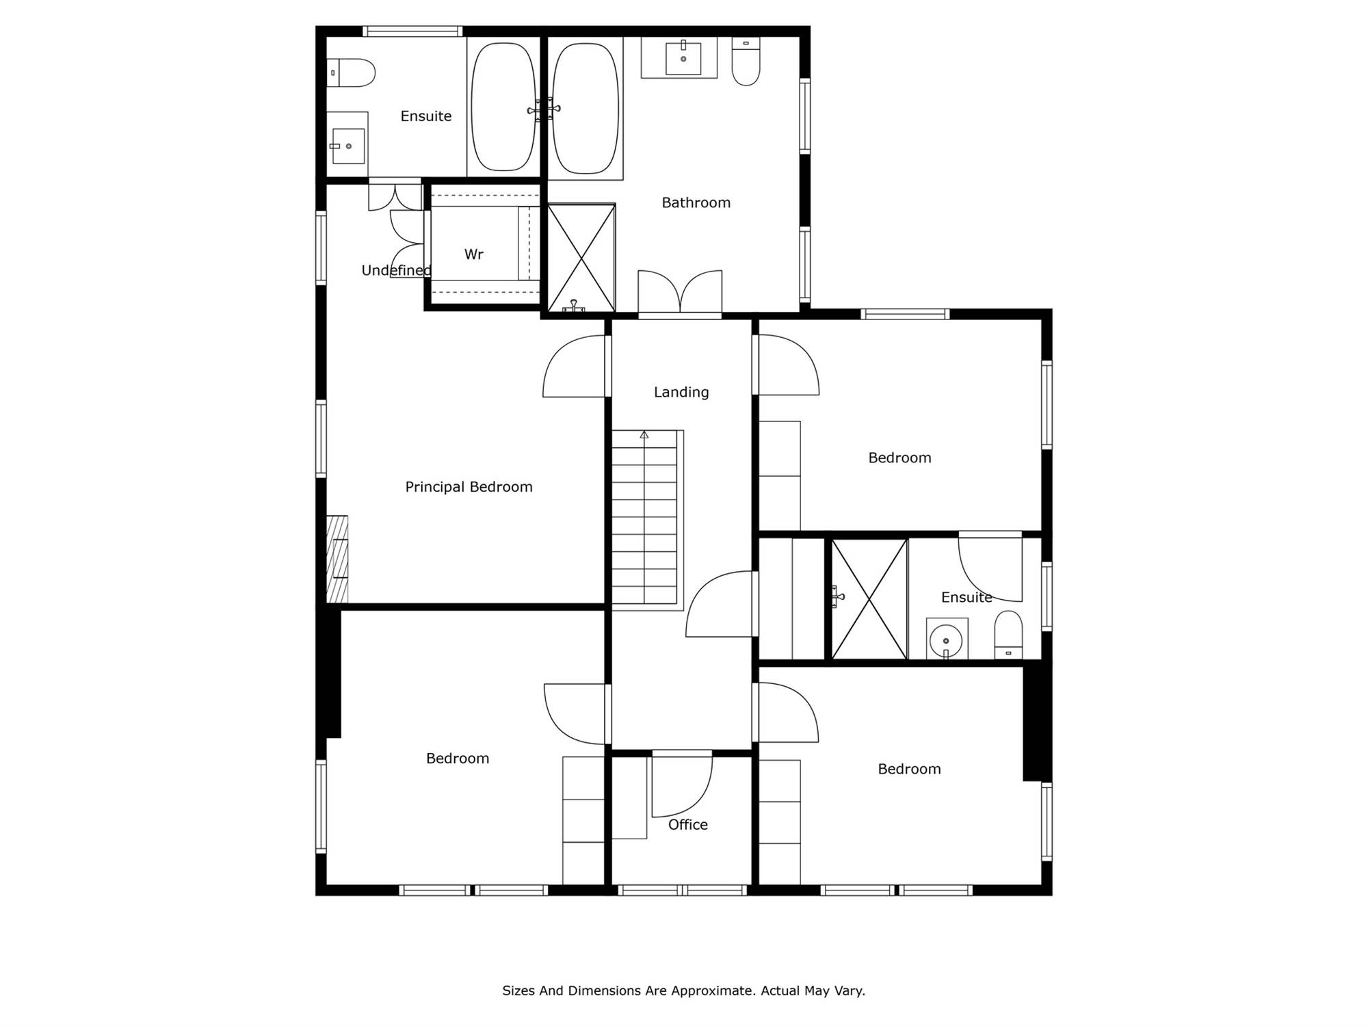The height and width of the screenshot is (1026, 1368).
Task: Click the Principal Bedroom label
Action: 469,487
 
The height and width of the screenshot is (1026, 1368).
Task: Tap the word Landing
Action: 681,393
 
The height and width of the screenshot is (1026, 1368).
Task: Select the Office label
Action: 688,825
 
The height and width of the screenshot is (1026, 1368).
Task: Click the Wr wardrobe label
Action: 474,254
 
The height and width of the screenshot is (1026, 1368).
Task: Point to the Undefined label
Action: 396,270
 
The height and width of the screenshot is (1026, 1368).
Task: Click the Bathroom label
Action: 696,202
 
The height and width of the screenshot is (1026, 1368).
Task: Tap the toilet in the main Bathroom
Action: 746,62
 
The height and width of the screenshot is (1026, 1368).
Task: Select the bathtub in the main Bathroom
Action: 586,108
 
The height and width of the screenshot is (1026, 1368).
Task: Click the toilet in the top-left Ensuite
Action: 351,73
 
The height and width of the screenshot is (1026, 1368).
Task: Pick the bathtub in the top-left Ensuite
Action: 504,107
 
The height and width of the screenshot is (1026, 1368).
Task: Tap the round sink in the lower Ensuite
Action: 947,641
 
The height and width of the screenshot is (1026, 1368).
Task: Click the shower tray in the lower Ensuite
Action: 869,600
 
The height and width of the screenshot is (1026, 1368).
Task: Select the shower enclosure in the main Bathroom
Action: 581,258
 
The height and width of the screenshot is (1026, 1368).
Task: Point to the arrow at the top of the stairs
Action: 644,434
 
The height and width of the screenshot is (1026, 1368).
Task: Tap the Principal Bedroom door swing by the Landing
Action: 575,366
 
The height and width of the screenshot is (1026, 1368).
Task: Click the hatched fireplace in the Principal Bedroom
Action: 337,559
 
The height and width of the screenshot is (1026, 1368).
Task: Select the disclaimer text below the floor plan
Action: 684,990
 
